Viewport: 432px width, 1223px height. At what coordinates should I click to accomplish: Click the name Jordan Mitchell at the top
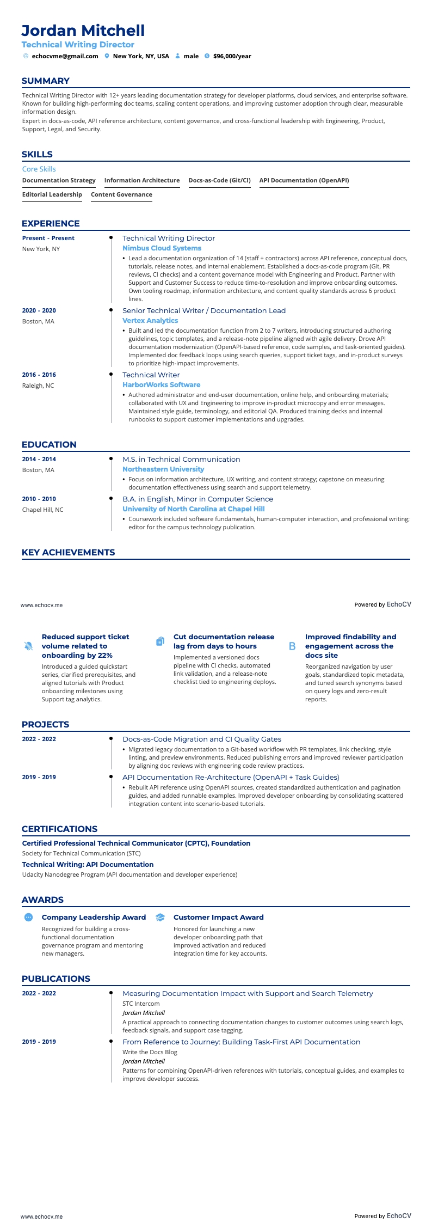click(x=83, y=30)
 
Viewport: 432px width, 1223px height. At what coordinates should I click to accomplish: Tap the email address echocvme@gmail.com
click(x=65, y=56)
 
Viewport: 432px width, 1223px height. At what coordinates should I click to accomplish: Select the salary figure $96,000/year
click(x=232, y=56)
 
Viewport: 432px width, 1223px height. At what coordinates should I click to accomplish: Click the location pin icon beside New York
click(x=107, y=56)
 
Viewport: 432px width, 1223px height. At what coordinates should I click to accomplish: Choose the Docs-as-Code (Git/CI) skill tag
click(x=219, y=180)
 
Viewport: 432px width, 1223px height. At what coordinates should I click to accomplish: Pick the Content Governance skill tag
click(x=121, y=194)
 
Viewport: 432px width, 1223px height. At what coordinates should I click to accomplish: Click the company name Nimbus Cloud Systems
click(x=162, y=248)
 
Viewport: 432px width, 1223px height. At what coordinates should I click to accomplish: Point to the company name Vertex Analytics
click(x=150, y=321)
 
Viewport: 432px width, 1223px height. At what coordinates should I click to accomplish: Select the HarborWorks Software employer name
click(x=161, y=385)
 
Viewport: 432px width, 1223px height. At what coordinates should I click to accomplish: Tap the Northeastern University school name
click(x=163, y=469)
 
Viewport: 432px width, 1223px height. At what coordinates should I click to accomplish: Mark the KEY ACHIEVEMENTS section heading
click(x=68, y=552)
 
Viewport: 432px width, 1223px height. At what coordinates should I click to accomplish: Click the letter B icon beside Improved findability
click(x=292, y=646)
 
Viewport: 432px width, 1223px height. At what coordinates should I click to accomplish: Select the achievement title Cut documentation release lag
click(x=224, y=641)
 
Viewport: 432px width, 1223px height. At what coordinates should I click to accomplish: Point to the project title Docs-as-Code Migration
click(x=202, y=739)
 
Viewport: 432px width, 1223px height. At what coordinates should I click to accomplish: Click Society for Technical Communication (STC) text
click(x=81, y=853)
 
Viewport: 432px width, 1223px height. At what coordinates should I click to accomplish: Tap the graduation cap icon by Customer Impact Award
click(x=160, y=918)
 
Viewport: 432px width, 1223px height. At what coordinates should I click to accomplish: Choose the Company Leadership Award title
click(x=94, y=918)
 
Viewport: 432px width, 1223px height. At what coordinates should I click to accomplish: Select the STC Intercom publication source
click(x=141, y=1004)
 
